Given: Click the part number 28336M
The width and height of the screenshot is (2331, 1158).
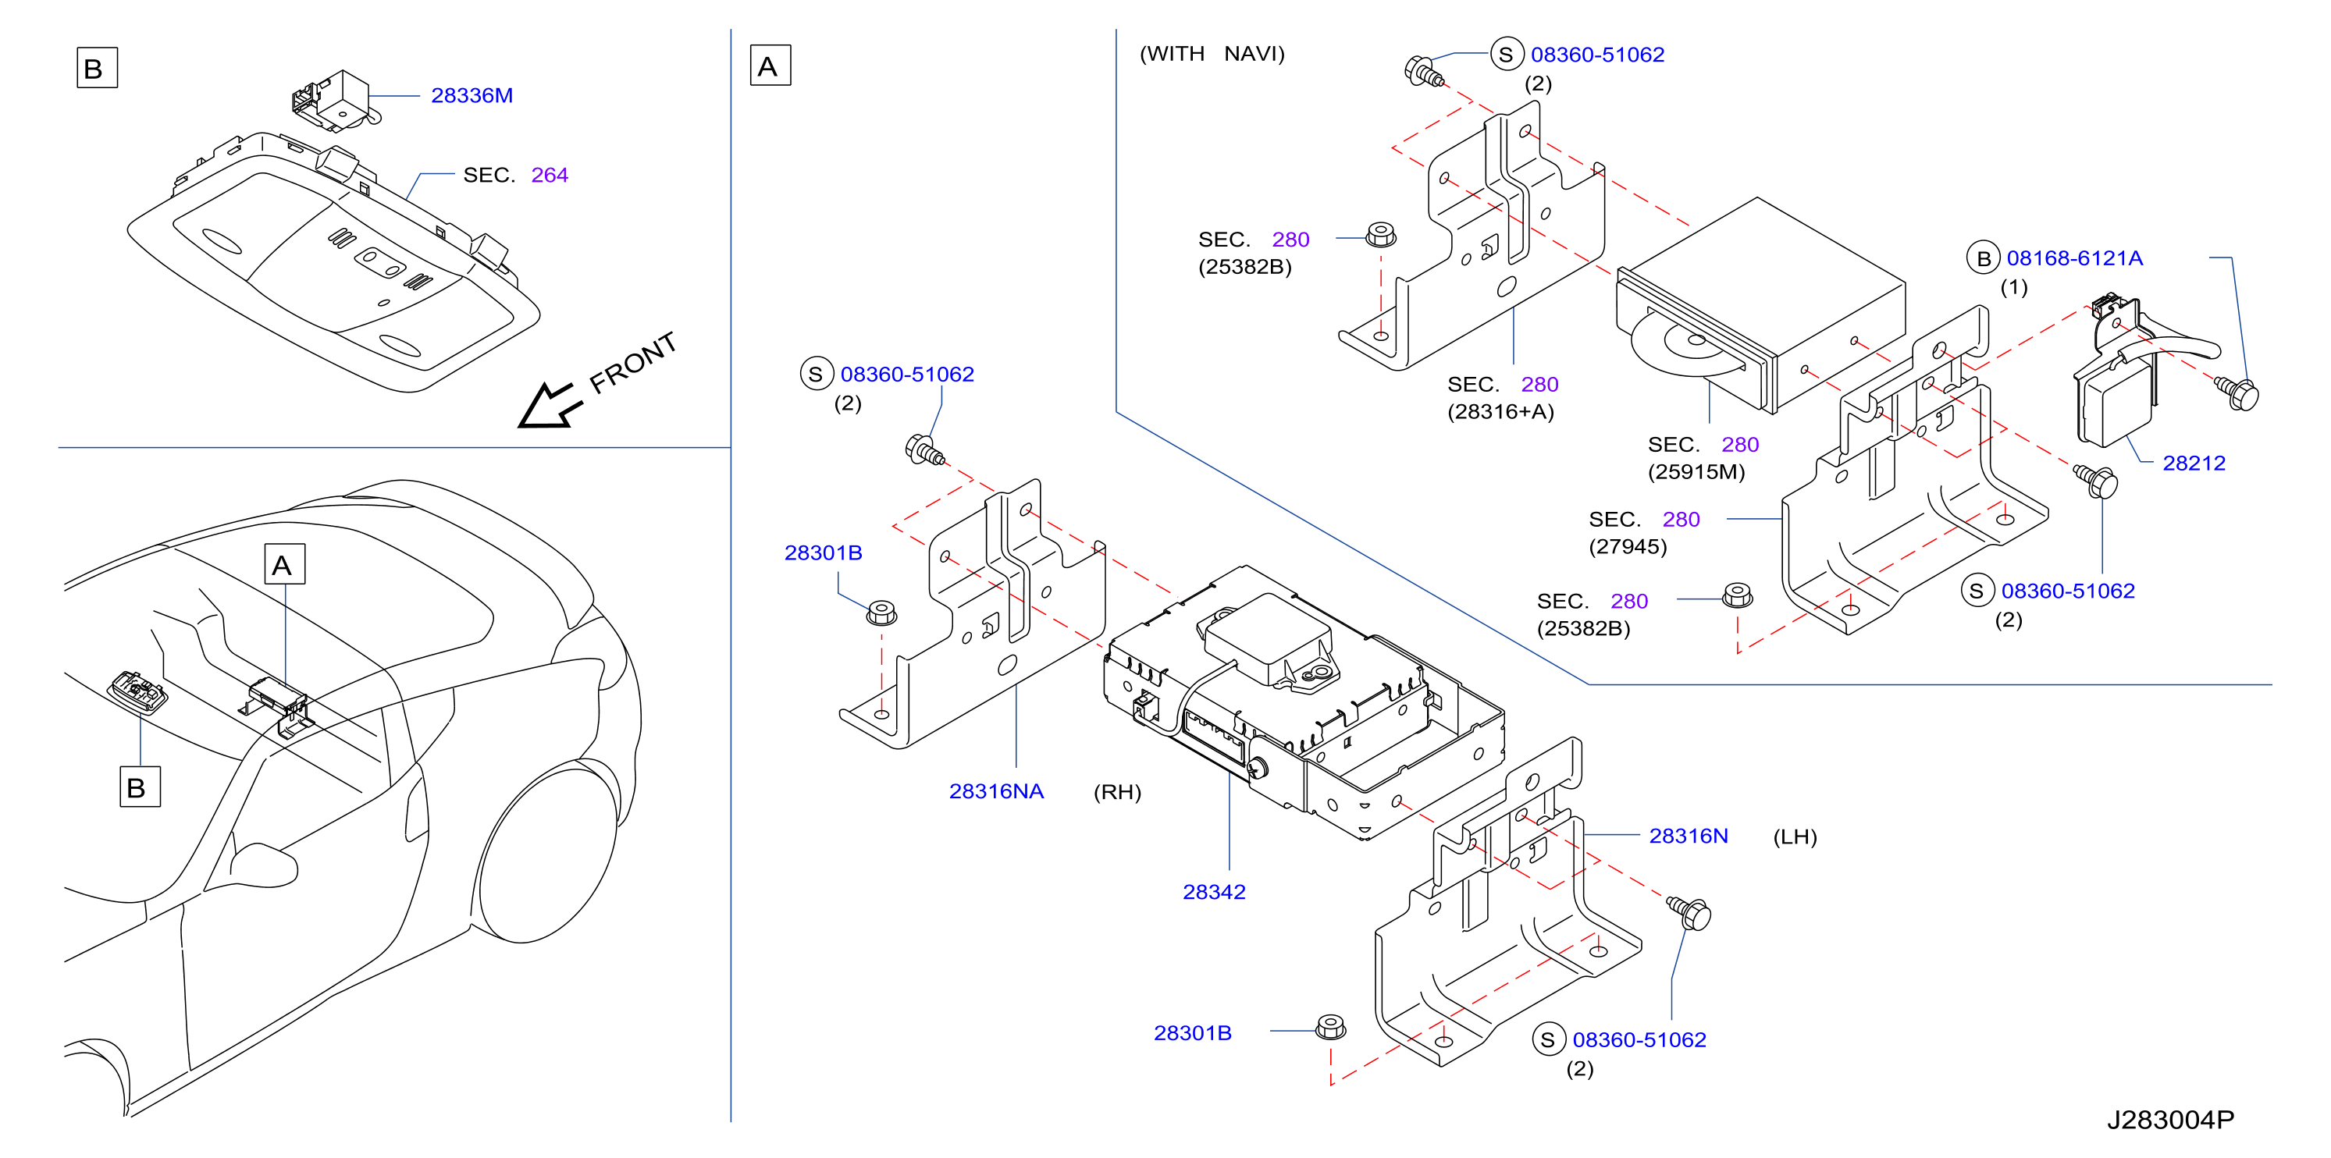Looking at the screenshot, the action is tap(472, 95).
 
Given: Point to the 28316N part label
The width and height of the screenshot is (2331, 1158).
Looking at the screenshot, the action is tap(1688, 836).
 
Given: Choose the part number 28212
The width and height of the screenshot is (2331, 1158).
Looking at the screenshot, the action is tap(2194, 464).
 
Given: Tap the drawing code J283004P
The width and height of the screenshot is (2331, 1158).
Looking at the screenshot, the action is tap(2170, 1120).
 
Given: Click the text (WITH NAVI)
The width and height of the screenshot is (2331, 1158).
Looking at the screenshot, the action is tap(1212, 55).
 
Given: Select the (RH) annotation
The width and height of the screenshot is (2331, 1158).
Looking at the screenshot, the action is tap(1118, 793).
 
